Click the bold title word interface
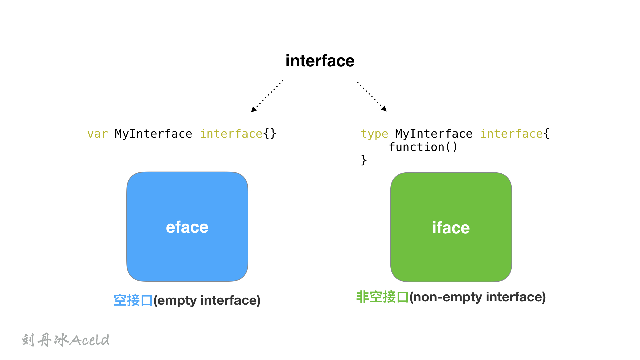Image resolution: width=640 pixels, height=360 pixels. pyautogui.click(x=320, y=61)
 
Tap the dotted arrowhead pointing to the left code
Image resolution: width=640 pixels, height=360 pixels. pyautogui.click(x=254, y=109)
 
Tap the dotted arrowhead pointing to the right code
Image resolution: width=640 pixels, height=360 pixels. pyautogui.click(x=384, y=108)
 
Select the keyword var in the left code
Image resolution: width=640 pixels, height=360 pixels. pyautogui.click(x=97, y=134)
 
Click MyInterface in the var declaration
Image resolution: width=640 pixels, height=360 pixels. pyautogui.click(x=153, y=134)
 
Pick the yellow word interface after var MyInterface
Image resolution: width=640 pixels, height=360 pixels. pyautogui.click(x=231, y=134)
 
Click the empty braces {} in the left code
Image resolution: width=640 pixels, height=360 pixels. pyautogui.click(x=270, y=134)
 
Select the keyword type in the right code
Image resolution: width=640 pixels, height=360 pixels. pyautogui.click(x=374, y=134)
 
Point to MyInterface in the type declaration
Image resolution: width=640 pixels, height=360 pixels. pyautogui.click(x=434, y=134)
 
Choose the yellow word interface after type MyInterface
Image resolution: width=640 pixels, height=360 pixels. pyautogui.click(x=511, y=134)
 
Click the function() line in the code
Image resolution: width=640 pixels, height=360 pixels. pyautogui.click(x=423, y=147)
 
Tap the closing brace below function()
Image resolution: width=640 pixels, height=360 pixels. pyautogui.click(x=364, y=160)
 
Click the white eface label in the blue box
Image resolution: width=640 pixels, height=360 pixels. pyautogui.click(x=187, y=227)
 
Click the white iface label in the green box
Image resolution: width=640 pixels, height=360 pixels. pyautogui.click(x=451, y=228)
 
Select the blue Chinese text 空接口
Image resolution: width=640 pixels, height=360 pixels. pyautogui.click(x=133, y=300)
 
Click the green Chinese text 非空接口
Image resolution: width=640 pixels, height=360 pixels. pyautogui.click(x=382, y=297)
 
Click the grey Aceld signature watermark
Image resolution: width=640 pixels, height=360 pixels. pyautogui.click(x=89, y=340)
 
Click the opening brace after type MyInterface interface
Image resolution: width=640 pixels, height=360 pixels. pyautogui.click(x=547, y=134)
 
